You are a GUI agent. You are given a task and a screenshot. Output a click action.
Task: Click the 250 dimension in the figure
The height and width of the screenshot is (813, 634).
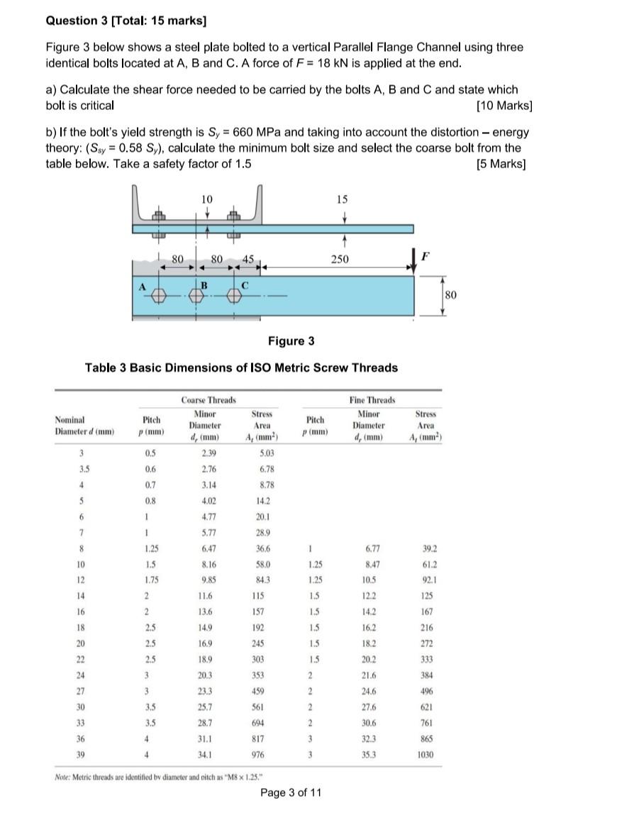340,260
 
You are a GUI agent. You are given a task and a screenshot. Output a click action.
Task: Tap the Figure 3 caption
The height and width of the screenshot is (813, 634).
291,341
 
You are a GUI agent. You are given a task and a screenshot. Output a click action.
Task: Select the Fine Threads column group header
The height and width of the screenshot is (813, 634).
372,401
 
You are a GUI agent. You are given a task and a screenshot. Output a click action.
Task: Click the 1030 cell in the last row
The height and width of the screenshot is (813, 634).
426,754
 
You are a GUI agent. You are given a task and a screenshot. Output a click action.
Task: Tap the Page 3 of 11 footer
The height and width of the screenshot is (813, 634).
291,792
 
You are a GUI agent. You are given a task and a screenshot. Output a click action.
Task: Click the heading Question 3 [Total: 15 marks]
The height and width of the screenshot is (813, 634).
116,21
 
